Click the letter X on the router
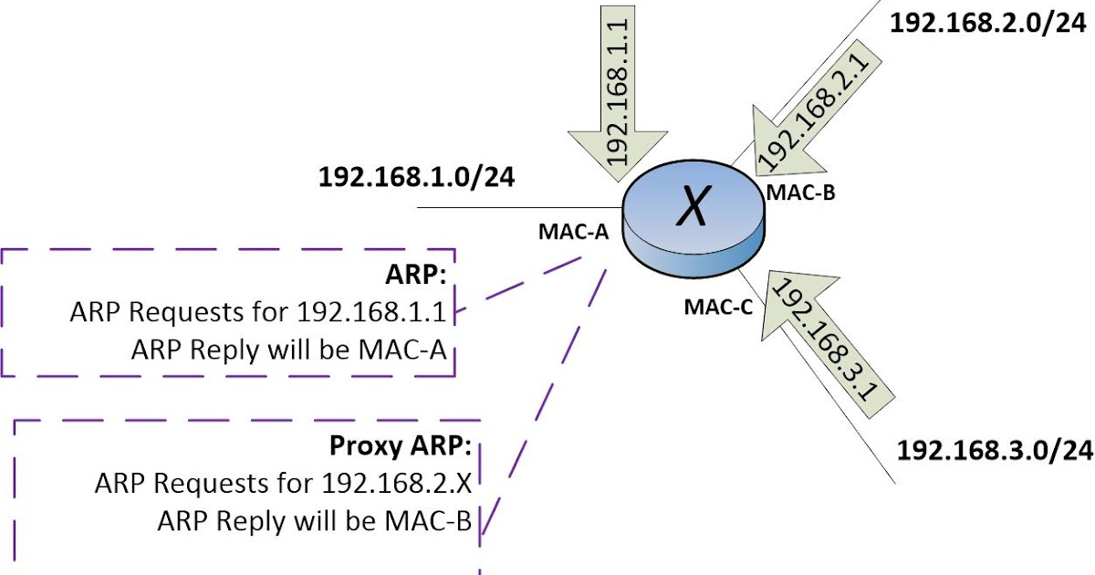pyautogui.click(x=693, y=211)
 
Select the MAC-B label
pyautogui.click(x=801, y=193)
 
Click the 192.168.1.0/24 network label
pyautogui.click(x=416, y=177)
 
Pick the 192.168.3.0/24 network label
pyautogui.click(x=995, y=450)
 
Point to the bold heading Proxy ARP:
pyautogui.click(x=400, y=447)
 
